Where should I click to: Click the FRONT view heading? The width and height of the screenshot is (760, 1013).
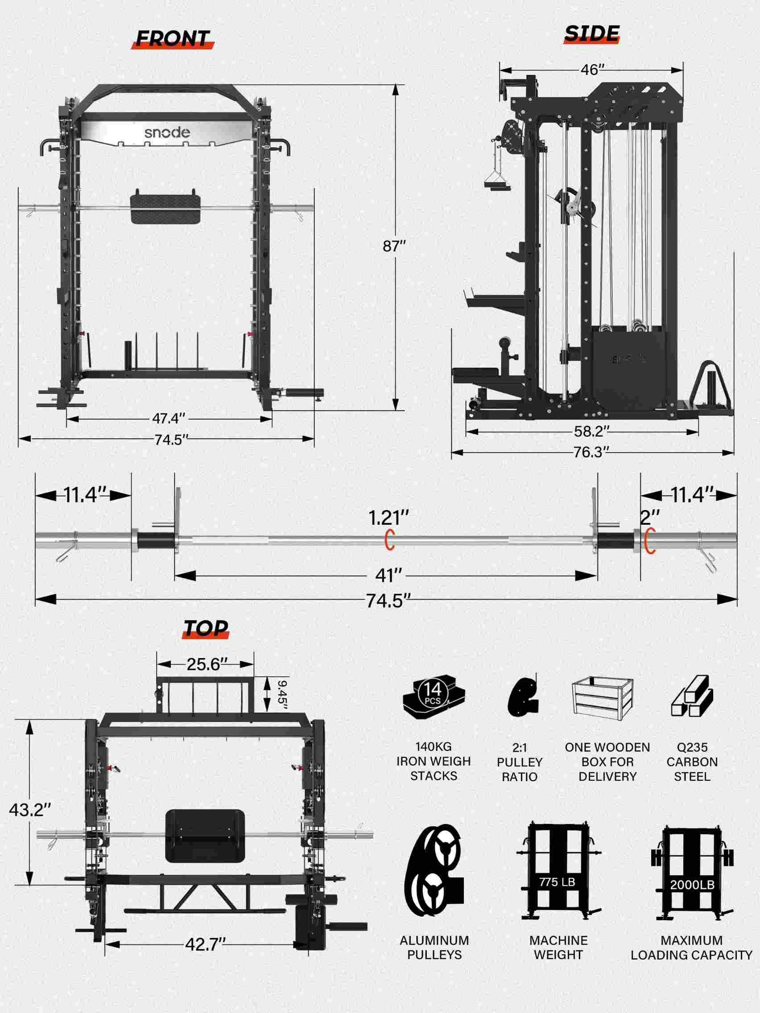173,39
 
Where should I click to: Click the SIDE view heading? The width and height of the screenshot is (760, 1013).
592,33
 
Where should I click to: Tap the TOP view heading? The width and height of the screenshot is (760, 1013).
205,628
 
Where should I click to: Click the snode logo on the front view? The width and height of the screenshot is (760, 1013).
167,133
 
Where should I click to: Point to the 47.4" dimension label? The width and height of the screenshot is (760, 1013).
169,418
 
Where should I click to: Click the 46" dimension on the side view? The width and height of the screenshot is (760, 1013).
592,70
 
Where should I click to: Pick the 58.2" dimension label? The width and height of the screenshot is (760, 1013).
592,431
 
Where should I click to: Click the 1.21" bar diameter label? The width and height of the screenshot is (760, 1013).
388,518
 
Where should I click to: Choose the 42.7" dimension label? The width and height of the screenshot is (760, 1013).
206,944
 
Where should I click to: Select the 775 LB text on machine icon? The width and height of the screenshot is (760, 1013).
557,881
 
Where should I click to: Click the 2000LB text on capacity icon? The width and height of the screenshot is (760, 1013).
692,885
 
